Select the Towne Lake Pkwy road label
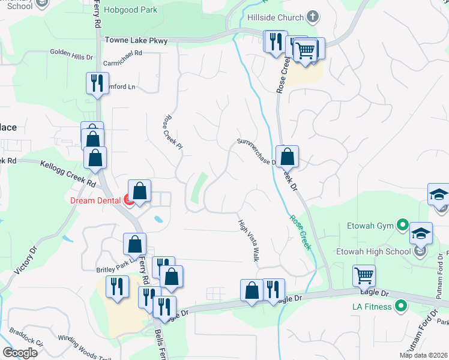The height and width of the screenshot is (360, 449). coord(136,40)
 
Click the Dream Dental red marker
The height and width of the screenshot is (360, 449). coord(129,201)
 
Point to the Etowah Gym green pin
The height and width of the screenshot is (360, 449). coord(401,227)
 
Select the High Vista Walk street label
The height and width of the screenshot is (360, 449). coord(248,240)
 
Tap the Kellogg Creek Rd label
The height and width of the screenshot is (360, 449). coord(68,172)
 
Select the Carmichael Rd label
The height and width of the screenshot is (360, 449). coord(122,53)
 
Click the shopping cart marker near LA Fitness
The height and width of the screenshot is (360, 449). coord(364,275)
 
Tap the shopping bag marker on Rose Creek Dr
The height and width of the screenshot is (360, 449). coord(288,156)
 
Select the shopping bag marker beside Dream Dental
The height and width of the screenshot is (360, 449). coord(139,191)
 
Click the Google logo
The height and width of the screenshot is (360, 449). coord(20,353)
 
